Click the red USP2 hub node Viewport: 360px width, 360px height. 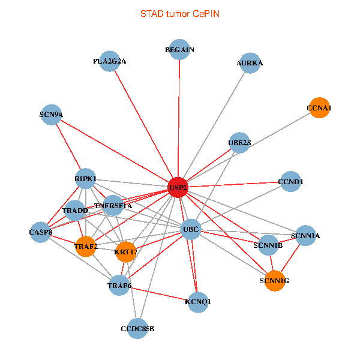[178, 187]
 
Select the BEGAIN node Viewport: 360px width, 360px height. [180, 50]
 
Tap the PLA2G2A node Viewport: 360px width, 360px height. [110, 61]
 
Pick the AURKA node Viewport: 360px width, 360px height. [250, 63]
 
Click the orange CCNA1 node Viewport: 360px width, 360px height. [319, 108]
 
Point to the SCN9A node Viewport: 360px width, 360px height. [52, 115]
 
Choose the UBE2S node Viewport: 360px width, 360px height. [239, 143]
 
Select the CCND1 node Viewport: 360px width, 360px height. [291, 181]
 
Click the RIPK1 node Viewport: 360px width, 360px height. [86, 179]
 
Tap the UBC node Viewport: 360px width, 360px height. [190, 229]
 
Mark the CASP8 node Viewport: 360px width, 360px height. [41, 232]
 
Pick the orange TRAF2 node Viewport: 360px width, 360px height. [86, 247]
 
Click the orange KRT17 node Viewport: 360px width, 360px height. [126, 251]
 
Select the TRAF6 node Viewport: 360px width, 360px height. [119, 285]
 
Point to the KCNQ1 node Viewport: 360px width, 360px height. [198, 302]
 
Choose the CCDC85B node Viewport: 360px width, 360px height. [137, 328]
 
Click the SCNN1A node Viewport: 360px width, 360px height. [305, 236]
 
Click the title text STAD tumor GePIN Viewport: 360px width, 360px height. [180, 13]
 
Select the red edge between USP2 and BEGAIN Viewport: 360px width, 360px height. [179, 120]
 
